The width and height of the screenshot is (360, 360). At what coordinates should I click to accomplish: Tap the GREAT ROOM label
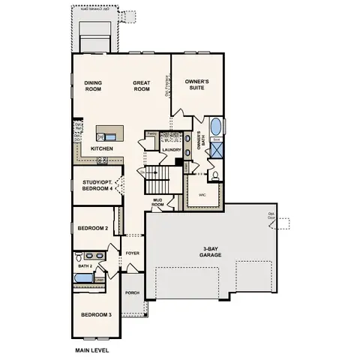143,85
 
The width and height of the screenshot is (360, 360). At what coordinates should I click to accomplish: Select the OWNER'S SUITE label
196,84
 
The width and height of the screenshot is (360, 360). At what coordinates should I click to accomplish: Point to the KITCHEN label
103,148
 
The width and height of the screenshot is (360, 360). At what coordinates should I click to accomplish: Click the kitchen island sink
110,136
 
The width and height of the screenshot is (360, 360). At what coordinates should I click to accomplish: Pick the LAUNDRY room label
172,149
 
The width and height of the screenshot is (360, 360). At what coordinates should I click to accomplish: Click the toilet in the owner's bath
215,175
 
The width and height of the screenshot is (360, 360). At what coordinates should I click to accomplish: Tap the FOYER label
133,253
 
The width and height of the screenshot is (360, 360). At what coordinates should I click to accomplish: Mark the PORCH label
132,292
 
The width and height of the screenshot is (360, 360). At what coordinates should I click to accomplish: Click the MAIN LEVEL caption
92,350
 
